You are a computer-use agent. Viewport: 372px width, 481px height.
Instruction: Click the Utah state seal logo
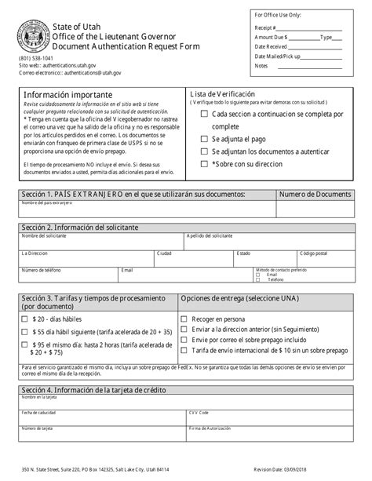click(x=31, y=37)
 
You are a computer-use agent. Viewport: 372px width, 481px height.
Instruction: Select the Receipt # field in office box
click(x=314, y=27)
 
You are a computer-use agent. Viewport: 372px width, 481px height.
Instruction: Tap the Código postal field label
click(x=317, y=253)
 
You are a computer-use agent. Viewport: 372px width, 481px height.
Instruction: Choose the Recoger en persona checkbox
click(x=184, y=319)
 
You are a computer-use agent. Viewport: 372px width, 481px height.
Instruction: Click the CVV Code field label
click(x=199, y=412)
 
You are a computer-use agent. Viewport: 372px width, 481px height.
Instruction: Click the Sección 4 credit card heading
click(x=85, y=390)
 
